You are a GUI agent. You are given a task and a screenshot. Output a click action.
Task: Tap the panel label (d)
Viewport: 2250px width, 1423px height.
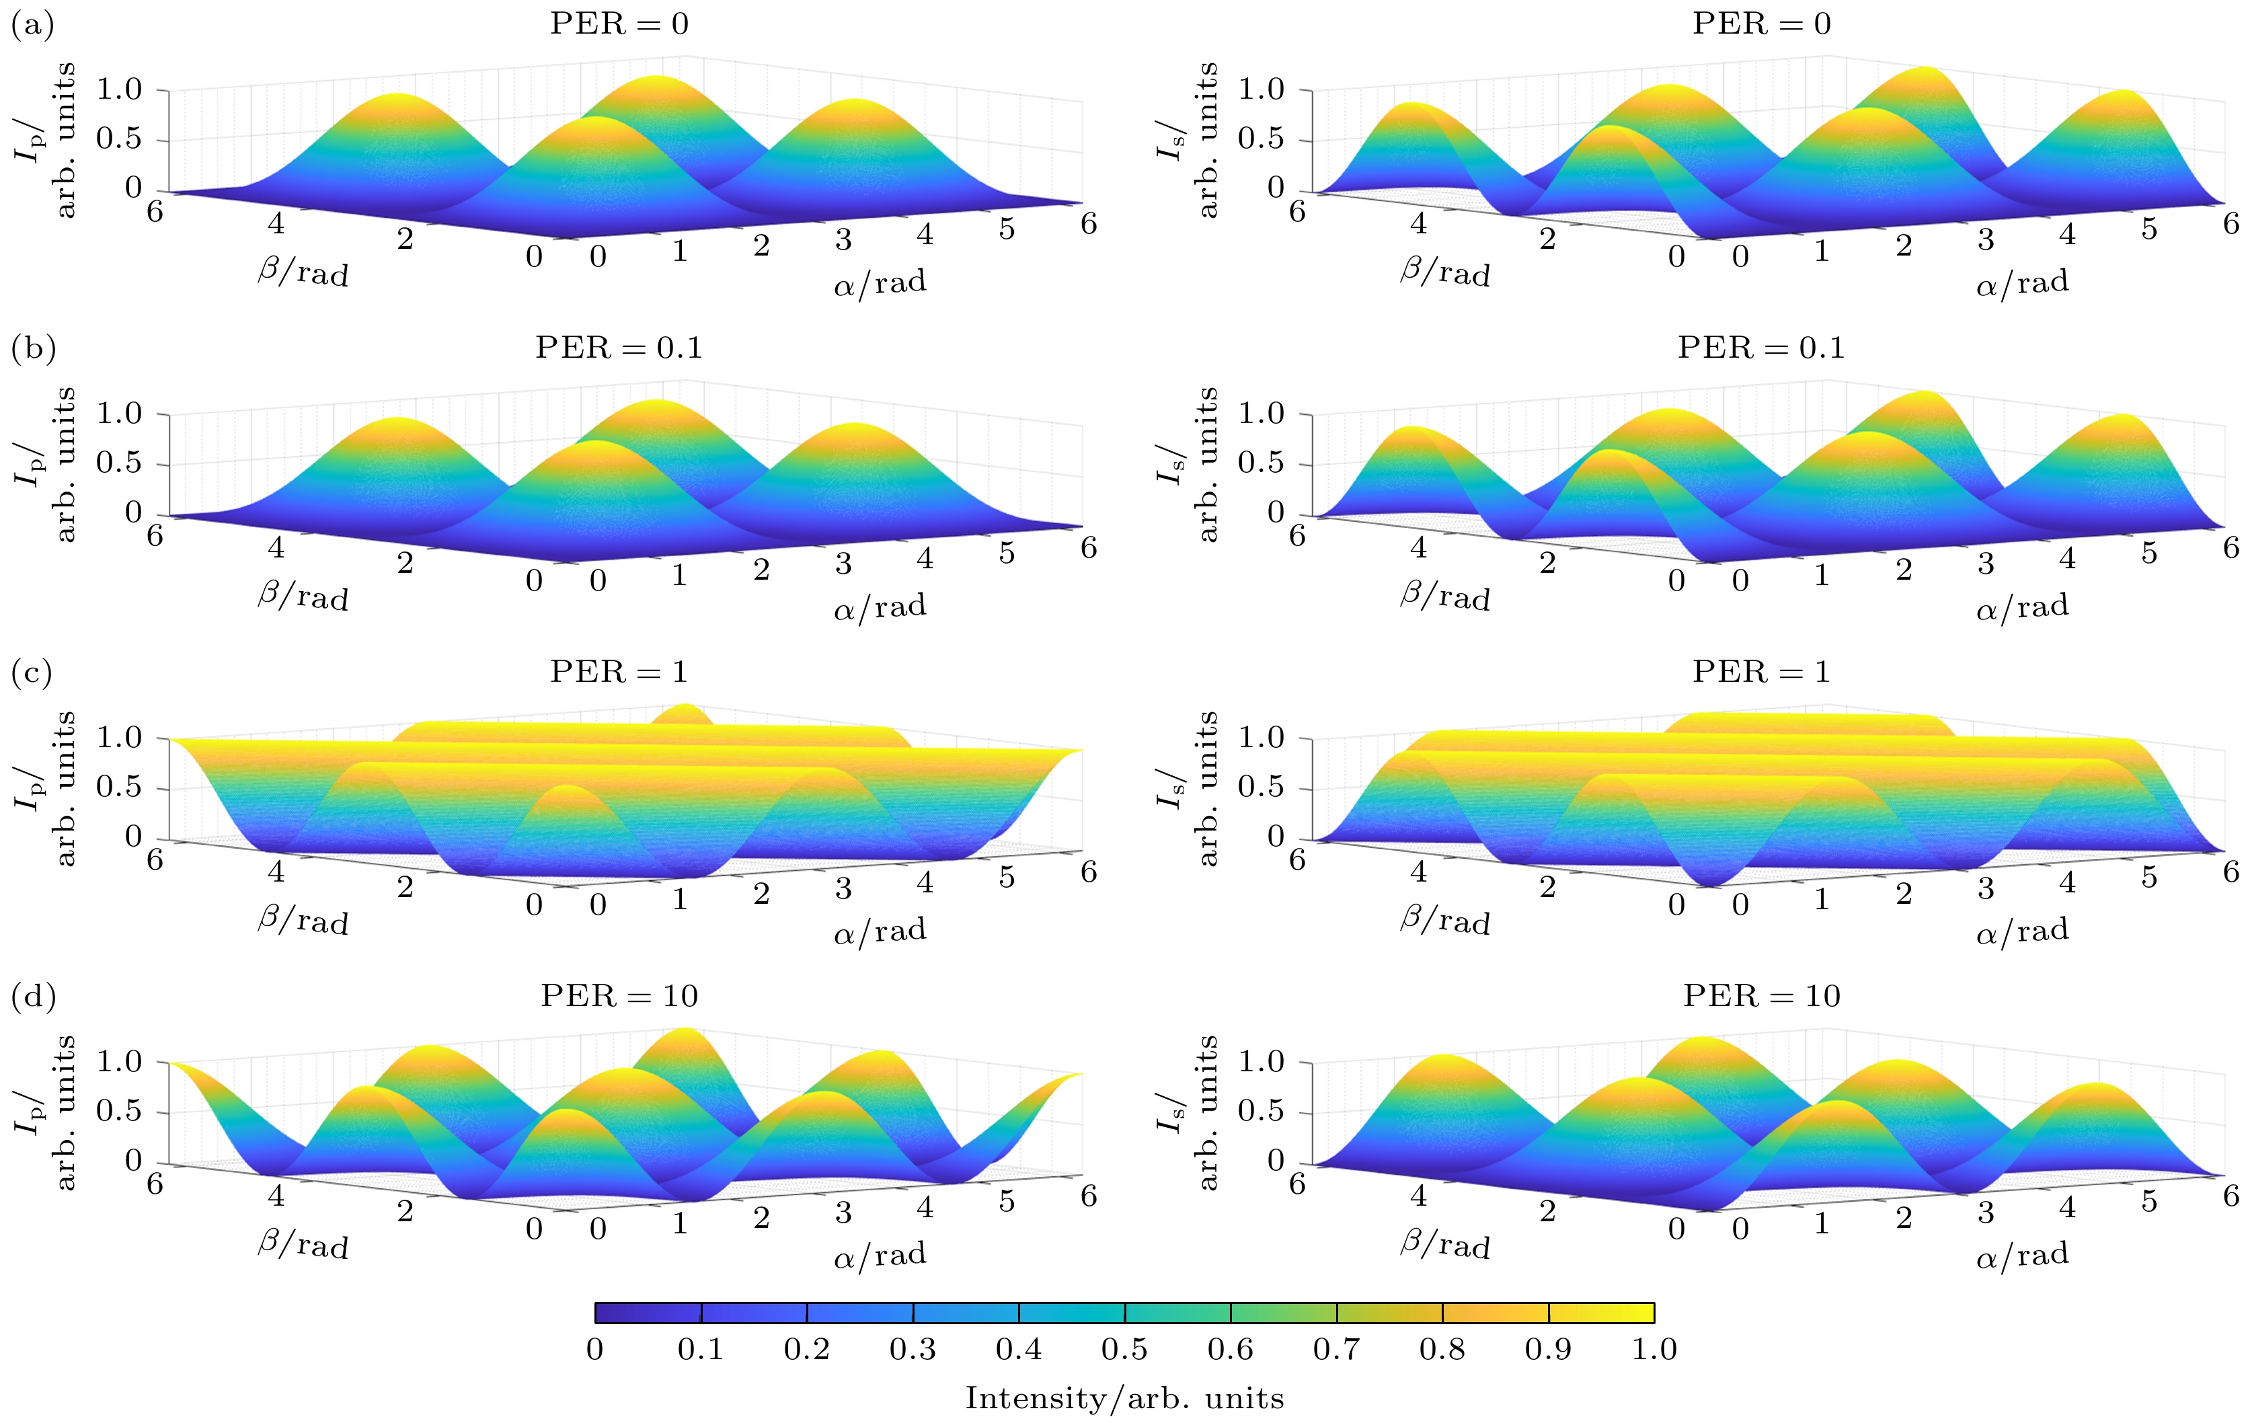33,997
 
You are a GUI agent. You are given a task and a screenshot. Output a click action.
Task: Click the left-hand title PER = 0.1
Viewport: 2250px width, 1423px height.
619,348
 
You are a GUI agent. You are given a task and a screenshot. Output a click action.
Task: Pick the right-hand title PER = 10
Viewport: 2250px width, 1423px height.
1761,996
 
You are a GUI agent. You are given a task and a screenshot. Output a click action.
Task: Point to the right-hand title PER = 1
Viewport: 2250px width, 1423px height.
1761,672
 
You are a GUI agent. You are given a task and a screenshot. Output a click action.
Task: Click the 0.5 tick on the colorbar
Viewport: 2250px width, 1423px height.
1124,1349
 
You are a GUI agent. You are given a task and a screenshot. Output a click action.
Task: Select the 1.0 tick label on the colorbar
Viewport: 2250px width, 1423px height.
1654,1349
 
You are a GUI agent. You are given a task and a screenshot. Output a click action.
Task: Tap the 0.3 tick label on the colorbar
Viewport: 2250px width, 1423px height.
913,1349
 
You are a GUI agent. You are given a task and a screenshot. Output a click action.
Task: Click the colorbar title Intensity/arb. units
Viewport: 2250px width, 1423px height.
1124,1399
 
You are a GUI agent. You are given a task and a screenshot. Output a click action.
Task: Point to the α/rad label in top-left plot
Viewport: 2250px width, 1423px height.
880,283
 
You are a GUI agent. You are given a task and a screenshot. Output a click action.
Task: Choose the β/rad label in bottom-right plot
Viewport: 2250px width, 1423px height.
1444,1245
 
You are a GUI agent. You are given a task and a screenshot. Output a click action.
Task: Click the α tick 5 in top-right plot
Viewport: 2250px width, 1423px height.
2149,229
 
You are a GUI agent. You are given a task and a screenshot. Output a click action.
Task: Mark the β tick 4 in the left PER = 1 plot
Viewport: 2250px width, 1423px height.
276,872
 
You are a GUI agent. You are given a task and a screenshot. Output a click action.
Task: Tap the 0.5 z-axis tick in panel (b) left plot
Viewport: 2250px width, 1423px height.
118,463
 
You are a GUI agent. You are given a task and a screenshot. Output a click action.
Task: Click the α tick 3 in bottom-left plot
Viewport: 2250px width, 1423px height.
844,1213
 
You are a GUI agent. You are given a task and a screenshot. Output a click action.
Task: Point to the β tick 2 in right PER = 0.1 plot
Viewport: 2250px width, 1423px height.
1547,562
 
